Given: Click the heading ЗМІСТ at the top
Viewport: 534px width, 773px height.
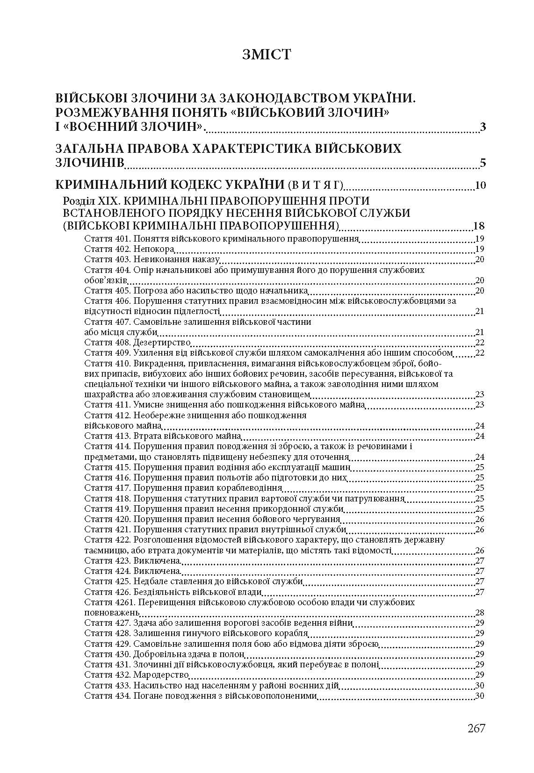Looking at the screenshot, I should pyautogui.click(x=267, y=55).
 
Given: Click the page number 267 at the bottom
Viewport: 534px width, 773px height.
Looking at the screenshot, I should pyautogui.click(x=476, y=728).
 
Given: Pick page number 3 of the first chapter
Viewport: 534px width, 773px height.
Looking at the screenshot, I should pyautogui.click(x=483, y=127).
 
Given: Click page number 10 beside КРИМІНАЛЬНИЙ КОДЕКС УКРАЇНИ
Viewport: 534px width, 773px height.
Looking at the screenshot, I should pyautogui.click(x=480, y=186).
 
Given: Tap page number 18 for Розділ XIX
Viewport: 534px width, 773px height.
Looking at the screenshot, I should pyautogui.click(x=479, y=227).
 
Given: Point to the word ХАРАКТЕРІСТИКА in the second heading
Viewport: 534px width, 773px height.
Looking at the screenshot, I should pyautogui.click(x=243, y=149).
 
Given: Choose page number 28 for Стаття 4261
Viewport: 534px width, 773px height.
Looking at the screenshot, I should pyautogui.click(x=479, y=613).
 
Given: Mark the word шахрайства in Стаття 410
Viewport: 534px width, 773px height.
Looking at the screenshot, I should pyautogui.click(x=107, y=394).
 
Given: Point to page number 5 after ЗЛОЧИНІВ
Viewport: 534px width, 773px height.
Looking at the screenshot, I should pyautogui.click(x=483, y=163).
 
